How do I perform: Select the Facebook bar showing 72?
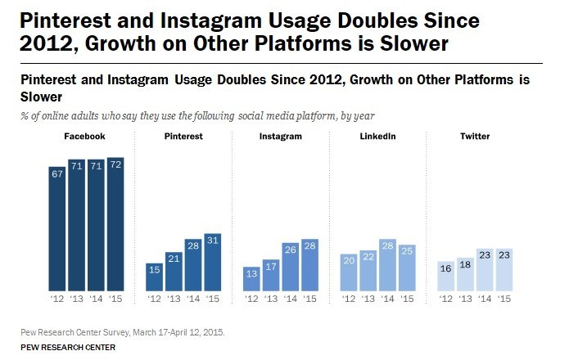116,223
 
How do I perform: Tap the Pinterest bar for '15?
212,262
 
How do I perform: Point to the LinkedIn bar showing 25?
406,268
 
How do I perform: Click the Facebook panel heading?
85,136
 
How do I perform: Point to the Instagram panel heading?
279,136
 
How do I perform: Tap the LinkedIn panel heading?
377,136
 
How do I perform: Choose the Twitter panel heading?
475,136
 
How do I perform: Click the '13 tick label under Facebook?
77,299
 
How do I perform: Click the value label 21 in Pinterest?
172,259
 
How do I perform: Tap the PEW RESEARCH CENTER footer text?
69,347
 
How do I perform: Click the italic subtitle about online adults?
187,115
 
